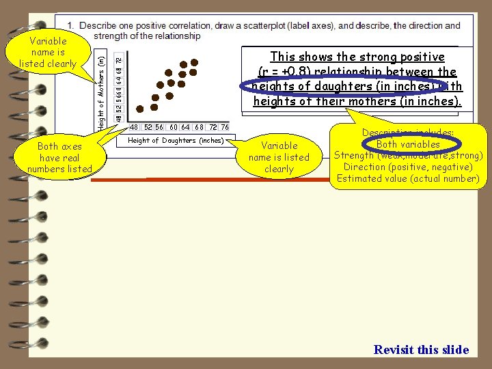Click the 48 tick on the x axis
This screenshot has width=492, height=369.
click(x=134, y=127)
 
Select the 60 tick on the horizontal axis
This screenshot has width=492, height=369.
click(x=174, y=127)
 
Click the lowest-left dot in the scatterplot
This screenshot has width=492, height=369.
click(x=140, y=108)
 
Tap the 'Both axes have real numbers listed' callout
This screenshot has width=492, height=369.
click(x=59, y=157)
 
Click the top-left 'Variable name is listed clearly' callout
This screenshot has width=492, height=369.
click(x=48, y=52)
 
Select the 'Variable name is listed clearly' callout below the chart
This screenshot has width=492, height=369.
click(x=279, y=157)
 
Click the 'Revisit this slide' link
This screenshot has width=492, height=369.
click(x=421, y=350)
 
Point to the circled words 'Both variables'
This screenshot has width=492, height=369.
click(x=408, y=144)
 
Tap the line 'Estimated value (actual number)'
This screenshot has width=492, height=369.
click(x=408, y=178)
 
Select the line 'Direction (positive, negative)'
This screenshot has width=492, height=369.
click(x=408, y=167)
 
